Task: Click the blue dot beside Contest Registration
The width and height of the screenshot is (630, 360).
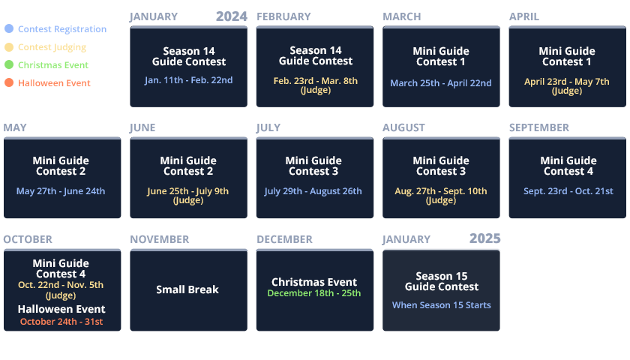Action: click(9, 28)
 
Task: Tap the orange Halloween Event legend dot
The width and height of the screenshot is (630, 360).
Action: click(9, 82)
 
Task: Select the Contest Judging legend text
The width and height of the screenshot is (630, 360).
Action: click(52, 47)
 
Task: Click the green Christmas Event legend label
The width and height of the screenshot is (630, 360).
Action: click(53, 65)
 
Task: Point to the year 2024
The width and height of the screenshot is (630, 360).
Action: click(232, 16)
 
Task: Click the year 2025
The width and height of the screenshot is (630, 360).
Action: click(485, 238)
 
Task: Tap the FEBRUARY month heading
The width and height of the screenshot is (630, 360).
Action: click(283, 16)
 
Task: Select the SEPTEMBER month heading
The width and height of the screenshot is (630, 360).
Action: click(539, 127)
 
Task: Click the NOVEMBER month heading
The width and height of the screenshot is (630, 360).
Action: click(160, 239)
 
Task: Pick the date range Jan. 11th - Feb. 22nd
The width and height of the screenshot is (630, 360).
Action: click(188, 80)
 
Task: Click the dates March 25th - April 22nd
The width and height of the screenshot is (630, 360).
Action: click(441, 83)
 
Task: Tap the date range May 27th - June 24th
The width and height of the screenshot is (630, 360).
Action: click(61, 191)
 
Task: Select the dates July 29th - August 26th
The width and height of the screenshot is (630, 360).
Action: click(313, 191)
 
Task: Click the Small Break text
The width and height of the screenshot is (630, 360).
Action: click(187, 289)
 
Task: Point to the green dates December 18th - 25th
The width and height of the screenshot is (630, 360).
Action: click(314, 293)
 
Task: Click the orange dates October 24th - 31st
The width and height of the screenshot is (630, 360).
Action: click(61, 322)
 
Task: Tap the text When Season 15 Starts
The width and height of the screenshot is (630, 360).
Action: click(442, 305)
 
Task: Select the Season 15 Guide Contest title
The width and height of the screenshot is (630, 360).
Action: click(442, 281)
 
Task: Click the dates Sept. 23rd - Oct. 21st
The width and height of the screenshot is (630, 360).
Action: click(568, 191)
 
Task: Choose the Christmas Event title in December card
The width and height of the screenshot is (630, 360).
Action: click(314, 282)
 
